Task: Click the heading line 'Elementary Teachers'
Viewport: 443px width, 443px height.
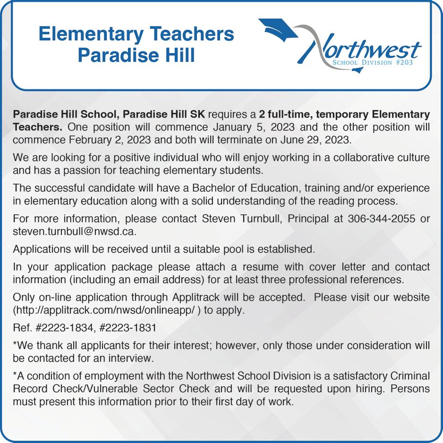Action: pos(136,34)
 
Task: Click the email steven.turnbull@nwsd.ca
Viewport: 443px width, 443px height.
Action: pos(75,232)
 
